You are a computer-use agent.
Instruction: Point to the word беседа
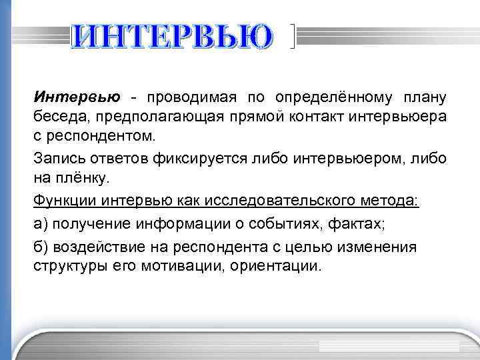coord(56,118)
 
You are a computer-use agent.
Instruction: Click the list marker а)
coord(41,223)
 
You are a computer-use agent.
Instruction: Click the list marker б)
coord(41,247)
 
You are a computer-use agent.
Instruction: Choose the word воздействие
coord(97,247)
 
